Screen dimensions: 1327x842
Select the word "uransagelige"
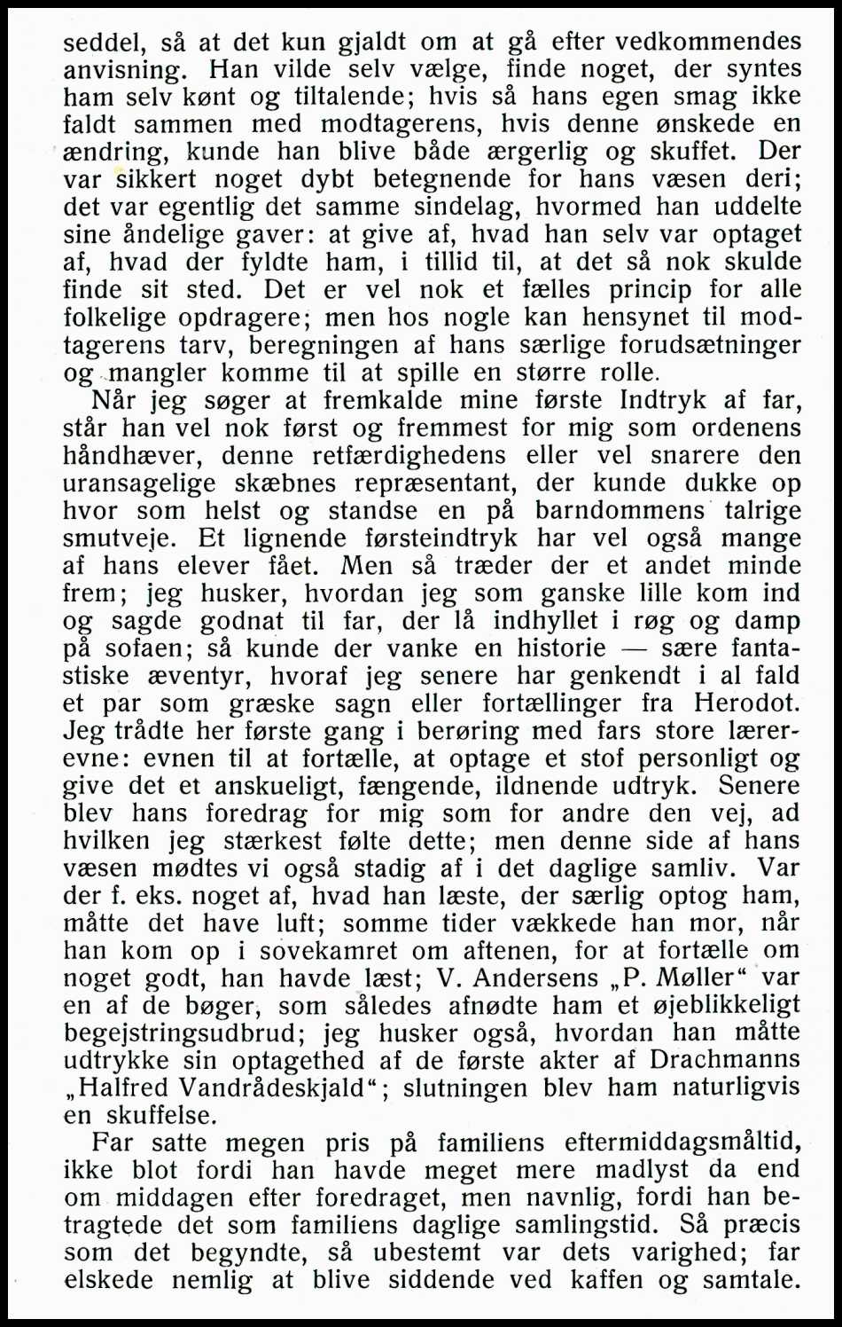[138, 483]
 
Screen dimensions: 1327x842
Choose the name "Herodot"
[746, 703]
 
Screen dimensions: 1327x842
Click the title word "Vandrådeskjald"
[273, 1088]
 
